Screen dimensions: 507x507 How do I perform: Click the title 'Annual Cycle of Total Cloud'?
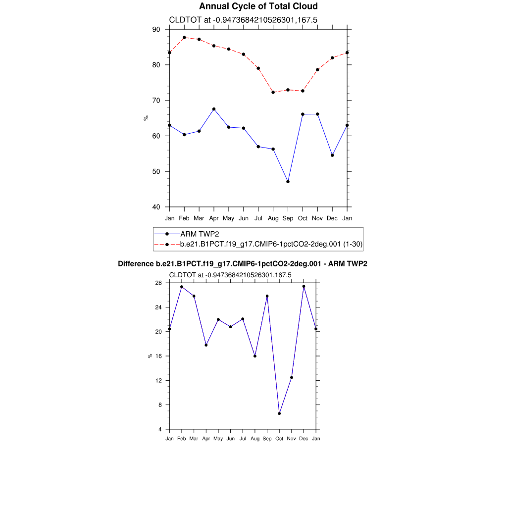click(258, 6)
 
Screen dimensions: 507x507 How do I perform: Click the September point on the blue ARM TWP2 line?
click(288, 182)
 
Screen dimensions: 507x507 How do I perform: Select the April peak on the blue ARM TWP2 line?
click(213, 109)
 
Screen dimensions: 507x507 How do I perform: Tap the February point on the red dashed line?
click(184, 38)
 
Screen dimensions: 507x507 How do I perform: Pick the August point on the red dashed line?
click(273, 92)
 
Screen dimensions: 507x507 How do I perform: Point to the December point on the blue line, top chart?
click(332, 155)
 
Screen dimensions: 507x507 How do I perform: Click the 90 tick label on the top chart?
click(156, 30)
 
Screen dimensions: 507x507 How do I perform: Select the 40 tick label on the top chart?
click(156, 207)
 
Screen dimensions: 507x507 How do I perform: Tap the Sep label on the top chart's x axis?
click(288, 218)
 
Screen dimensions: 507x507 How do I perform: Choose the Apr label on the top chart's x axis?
click(213, 218)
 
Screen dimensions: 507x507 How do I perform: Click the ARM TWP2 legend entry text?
click(200, 234)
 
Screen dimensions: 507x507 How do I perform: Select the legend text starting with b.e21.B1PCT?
click(271, 244)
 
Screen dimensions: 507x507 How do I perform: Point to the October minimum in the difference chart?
click(279, 413)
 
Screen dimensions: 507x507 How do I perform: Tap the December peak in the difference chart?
click(304, 287)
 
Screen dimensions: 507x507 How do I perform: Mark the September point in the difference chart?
click(267, 296)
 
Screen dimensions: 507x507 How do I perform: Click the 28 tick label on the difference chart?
click(158, 283)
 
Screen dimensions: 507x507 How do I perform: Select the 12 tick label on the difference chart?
click(158, 381)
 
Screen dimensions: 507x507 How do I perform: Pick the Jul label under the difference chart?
click(243, 439)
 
